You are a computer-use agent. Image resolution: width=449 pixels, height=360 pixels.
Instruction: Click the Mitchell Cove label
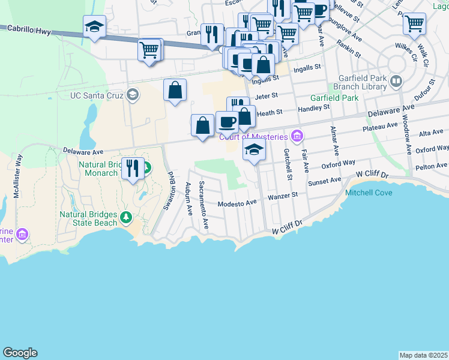tap(368, 193)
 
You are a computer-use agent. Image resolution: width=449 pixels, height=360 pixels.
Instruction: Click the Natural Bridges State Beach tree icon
tap(126, 217)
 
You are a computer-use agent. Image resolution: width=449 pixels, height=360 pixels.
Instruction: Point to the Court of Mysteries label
tap(253, 137)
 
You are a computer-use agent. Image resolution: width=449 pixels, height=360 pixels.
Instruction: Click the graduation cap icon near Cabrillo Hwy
tap(95, 26)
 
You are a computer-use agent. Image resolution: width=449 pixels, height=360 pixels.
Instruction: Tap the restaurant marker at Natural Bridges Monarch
tap(132, 167)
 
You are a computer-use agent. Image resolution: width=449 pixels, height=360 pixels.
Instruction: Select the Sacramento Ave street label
tap(204, 205)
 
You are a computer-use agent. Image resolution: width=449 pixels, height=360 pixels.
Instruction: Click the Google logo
tap(20, 353)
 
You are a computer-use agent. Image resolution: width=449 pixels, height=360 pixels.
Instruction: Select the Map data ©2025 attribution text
tap(423, 355)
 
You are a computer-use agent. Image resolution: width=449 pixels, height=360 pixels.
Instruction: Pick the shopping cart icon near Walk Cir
tap(414, 23)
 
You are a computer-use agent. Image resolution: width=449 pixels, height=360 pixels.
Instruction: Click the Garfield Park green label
tap(334, 98)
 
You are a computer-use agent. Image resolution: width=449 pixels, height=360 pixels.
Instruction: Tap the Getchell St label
tap(289, 165)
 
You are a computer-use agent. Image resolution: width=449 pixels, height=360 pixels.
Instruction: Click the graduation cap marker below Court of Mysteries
tap(254, 149)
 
